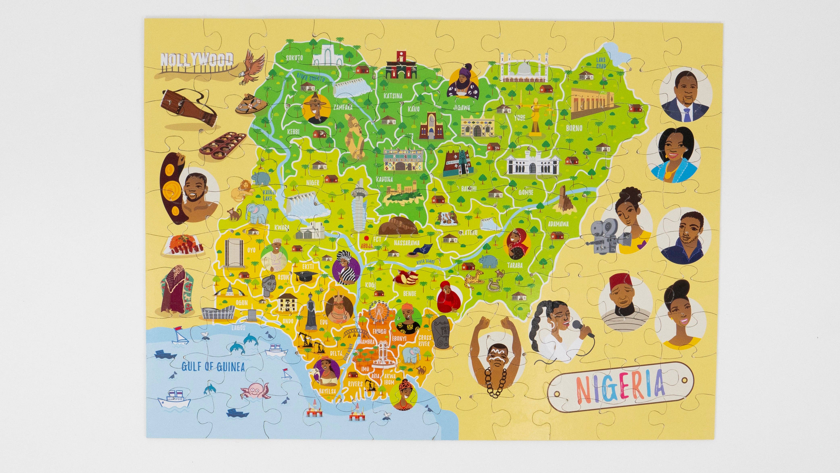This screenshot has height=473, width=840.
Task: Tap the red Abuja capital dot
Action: (x=367, y=238)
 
